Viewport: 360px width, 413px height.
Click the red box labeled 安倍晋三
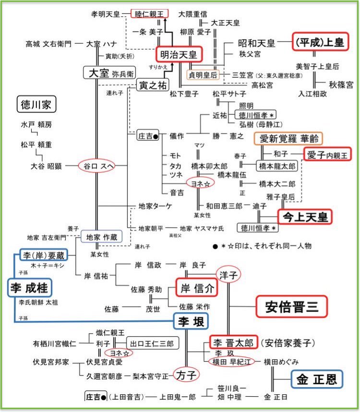point(291,305)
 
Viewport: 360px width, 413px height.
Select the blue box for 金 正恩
point(316,379)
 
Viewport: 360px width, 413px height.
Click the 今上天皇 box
point(305,217)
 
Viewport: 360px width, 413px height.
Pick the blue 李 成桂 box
point(30,288)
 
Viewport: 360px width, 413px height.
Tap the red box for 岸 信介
point(196,288)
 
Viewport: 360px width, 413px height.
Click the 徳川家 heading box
point(37,104)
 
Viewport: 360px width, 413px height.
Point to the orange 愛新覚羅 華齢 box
point(288,139)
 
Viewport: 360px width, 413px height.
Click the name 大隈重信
point(193,14)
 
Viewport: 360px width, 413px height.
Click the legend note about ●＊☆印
point(262,246)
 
